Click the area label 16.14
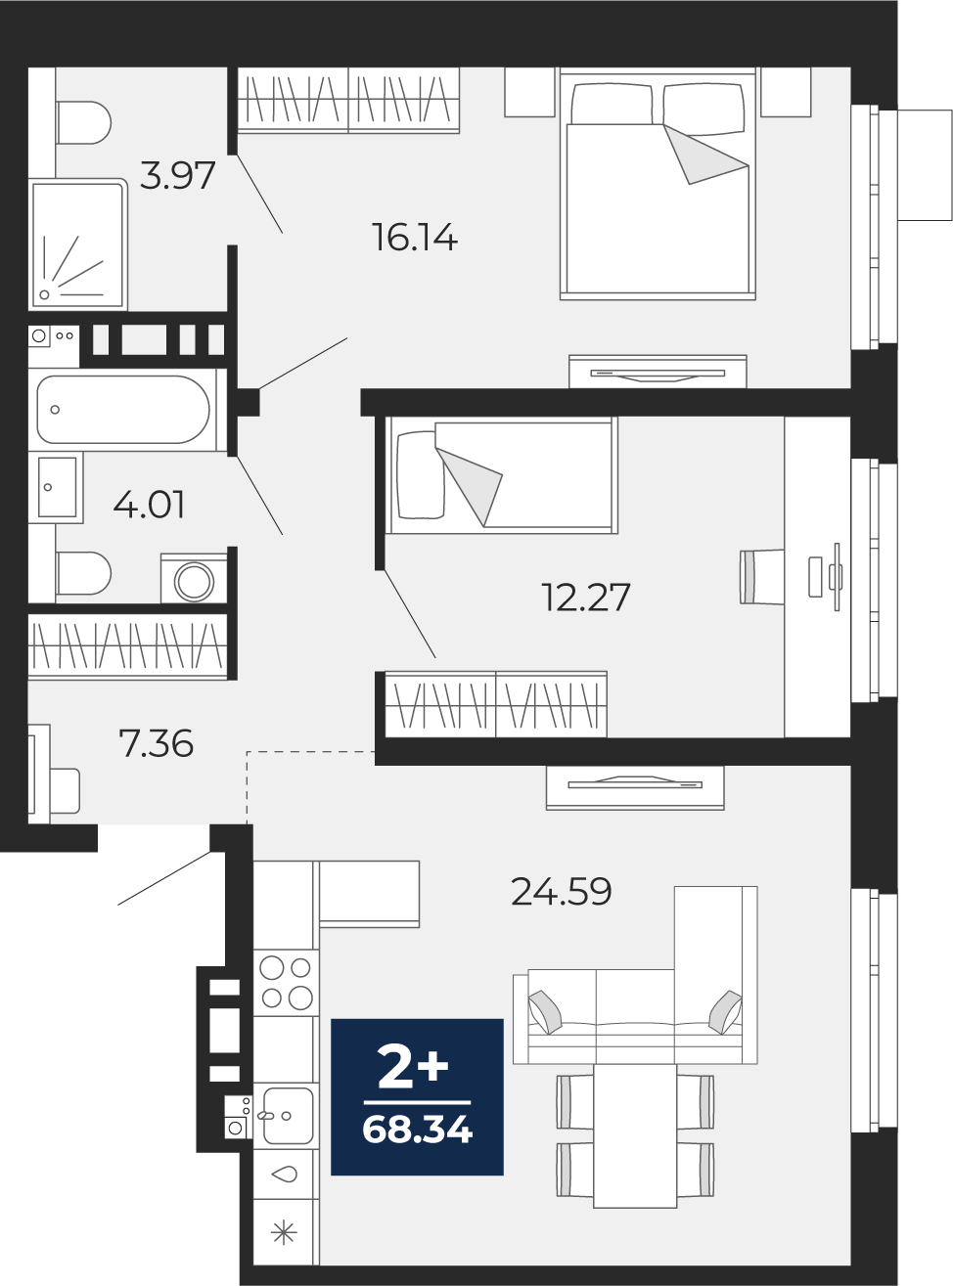416,238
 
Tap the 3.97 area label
177,175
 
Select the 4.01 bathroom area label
149,505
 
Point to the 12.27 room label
585,598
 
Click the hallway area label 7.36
156,744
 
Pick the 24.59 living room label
561,892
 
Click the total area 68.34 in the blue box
417,1130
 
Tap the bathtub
123,410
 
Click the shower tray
77,244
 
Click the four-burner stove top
286,983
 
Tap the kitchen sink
287,1115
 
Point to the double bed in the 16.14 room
658,184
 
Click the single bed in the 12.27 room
502,475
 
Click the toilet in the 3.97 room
83,123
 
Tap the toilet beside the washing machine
83,573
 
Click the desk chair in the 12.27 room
761,578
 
